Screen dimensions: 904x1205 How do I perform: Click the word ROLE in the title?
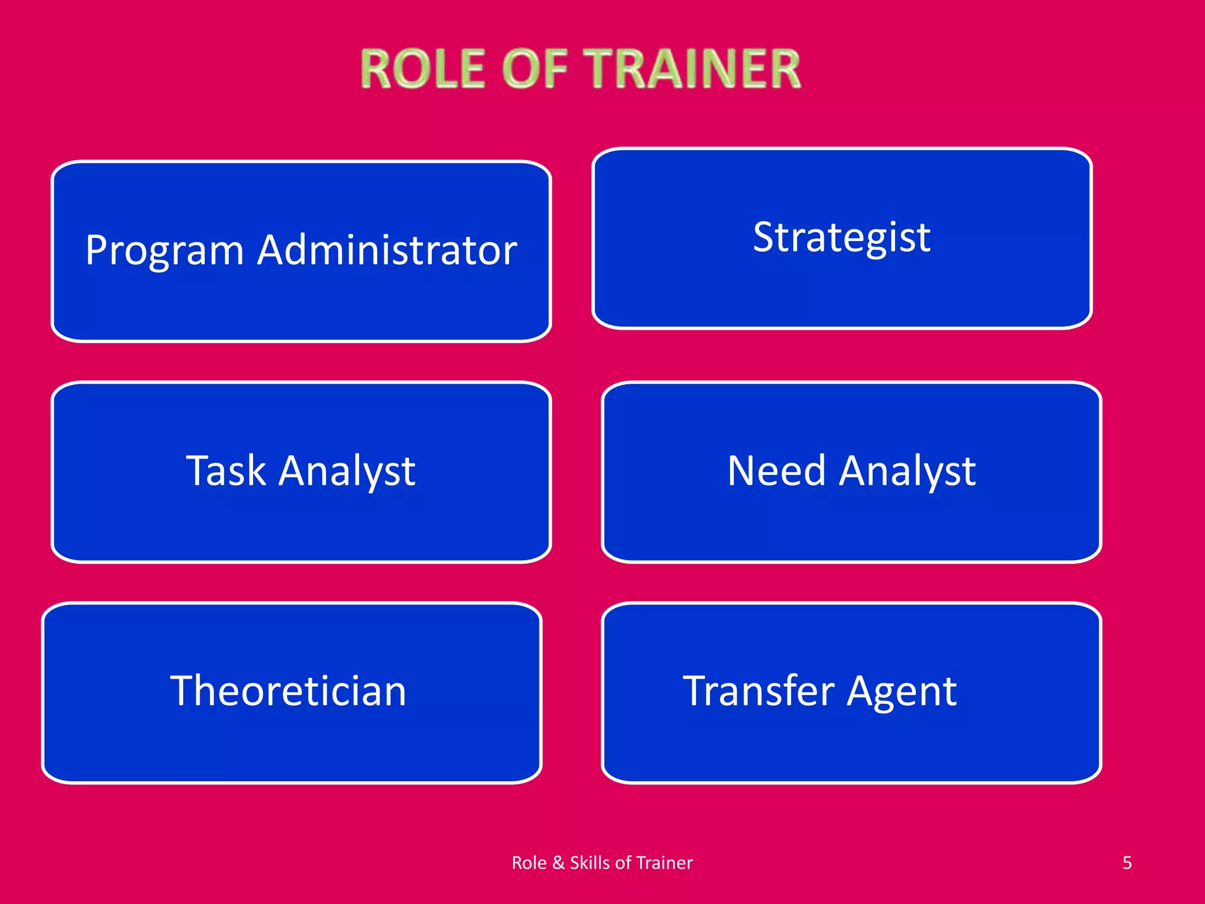click(x=423, y=69)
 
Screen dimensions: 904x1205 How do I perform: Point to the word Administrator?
click(x=387, y=250)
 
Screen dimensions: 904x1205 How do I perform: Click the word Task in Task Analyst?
click(x=226, y=471)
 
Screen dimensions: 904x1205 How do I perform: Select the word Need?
click(x=777, y=471)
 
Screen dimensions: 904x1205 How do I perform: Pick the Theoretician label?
click(x=288, y=691)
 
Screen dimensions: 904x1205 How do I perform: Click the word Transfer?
click(x=758, y=691)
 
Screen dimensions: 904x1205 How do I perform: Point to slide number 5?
click(x=1127, y=863)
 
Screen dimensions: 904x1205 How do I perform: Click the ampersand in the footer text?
click(x=558, y=863)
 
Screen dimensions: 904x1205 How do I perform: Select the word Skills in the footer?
click(x=590, y=863)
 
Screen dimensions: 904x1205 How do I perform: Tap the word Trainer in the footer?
click(x=664, y=863)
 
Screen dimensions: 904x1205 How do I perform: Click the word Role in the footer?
click(x=529, y=863)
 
